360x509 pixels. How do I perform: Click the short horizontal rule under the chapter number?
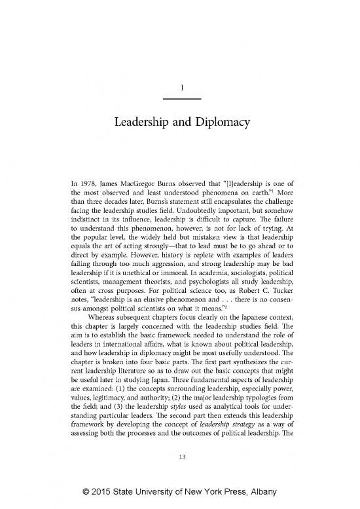coord(180,98)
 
